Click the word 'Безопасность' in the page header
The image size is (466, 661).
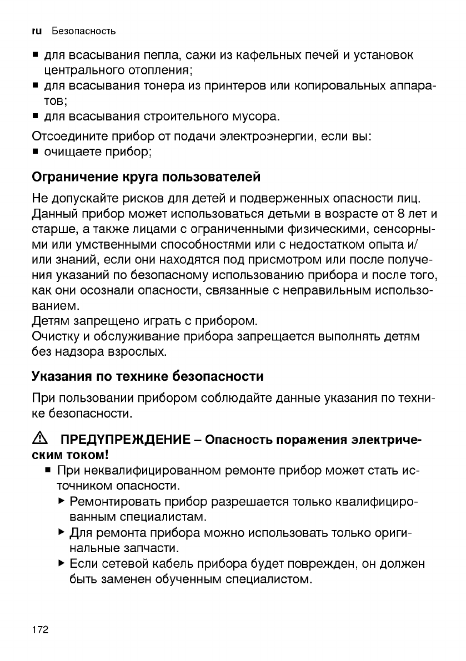[x=83, y=31]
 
